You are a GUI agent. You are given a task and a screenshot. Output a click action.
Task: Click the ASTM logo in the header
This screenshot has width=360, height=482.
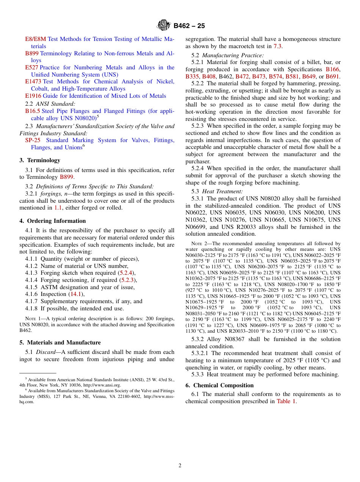point(164,25)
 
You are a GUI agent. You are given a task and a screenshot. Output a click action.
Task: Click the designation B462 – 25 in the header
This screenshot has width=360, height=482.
point(189,26)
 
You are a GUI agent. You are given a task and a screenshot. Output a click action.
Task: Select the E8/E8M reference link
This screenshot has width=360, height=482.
point(35,39)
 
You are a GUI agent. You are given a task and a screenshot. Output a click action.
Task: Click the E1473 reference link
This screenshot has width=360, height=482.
point(33,81)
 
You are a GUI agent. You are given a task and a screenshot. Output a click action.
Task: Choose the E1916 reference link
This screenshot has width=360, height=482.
point(33,96)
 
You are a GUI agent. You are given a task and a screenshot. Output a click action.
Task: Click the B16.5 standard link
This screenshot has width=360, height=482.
point(32,111)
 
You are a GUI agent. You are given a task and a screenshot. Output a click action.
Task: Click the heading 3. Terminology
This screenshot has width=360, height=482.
point(40,160)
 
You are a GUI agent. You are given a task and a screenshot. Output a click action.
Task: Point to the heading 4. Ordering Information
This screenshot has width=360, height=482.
point(53,221)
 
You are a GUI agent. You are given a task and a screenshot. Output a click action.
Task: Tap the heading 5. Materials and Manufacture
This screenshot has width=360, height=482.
point(60,343)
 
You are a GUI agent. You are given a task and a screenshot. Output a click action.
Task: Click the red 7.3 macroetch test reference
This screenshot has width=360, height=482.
point(278,46)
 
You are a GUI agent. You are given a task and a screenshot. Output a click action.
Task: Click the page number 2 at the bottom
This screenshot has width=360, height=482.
point(180,466)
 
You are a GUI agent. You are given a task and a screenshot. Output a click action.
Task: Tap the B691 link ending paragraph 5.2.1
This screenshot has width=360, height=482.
point(333,77)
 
